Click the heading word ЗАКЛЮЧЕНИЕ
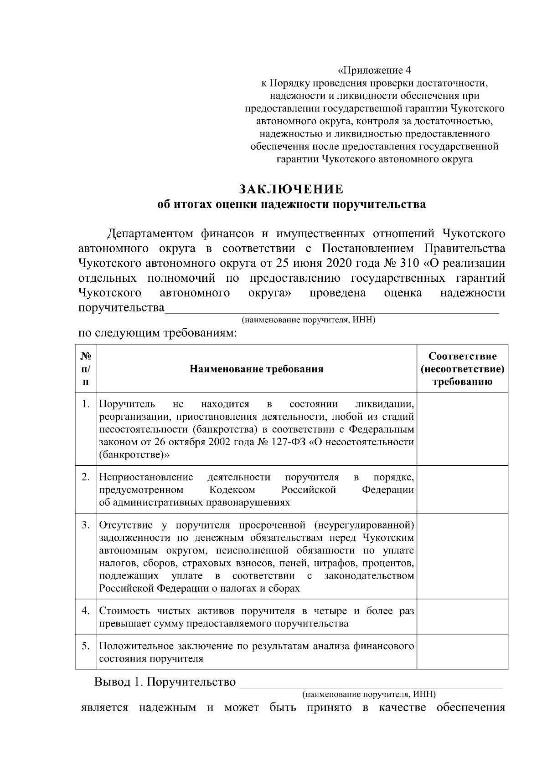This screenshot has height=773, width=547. coord(291,189)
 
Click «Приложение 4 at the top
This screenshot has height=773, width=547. coord(374,71)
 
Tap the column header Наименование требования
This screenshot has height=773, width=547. coord(256,369)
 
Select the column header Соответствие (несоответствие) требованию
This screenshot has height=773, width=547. coord(462,369)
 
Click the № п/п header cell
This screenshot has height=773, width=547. coord(86,369)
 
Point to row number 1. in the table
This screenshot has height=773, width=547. coord(85,404)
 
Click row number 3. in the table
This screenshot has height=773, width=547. coord(85,525)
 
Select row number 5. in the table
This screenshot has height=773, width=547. coord(85,646)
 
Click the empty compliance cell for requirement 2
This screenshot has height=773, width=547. coord(462,489)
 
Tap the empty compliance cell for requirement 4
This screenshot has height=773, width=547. coord(462,617)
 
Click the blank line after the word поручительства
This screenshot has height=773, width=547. coord(331,308)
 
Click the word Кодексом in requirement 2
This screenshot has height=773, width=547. coord(232,490)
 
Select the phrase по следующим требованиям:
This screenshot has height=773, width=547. coord(158,333)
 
